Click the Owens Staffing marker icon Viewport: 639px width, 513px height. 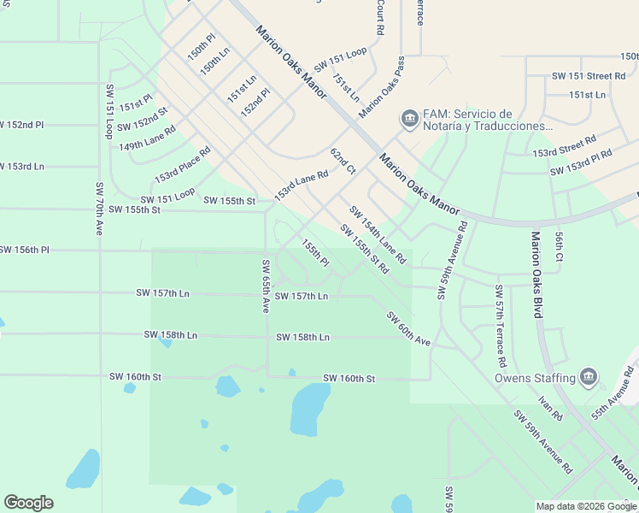588,377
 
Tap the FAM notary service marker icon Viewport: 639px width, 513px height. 409,118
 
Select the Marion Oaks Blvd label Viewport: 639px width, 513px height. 536,274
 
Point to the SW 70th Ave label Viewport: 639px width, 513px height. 100,209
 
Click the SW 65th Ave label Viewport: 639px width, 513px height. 266,286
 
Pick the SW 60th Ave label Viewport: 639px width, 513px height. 408,328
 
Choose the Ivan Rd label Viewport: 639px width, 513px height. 550,408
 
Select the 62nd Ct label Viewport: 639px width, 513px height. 343,161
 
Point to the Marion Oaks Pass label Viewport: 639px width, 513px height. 381,87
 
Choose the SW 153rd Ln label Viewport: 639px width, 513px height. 22,166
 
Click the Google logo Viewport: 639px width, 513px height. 28,503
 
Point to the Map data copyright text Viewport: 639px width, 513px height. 586,506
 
